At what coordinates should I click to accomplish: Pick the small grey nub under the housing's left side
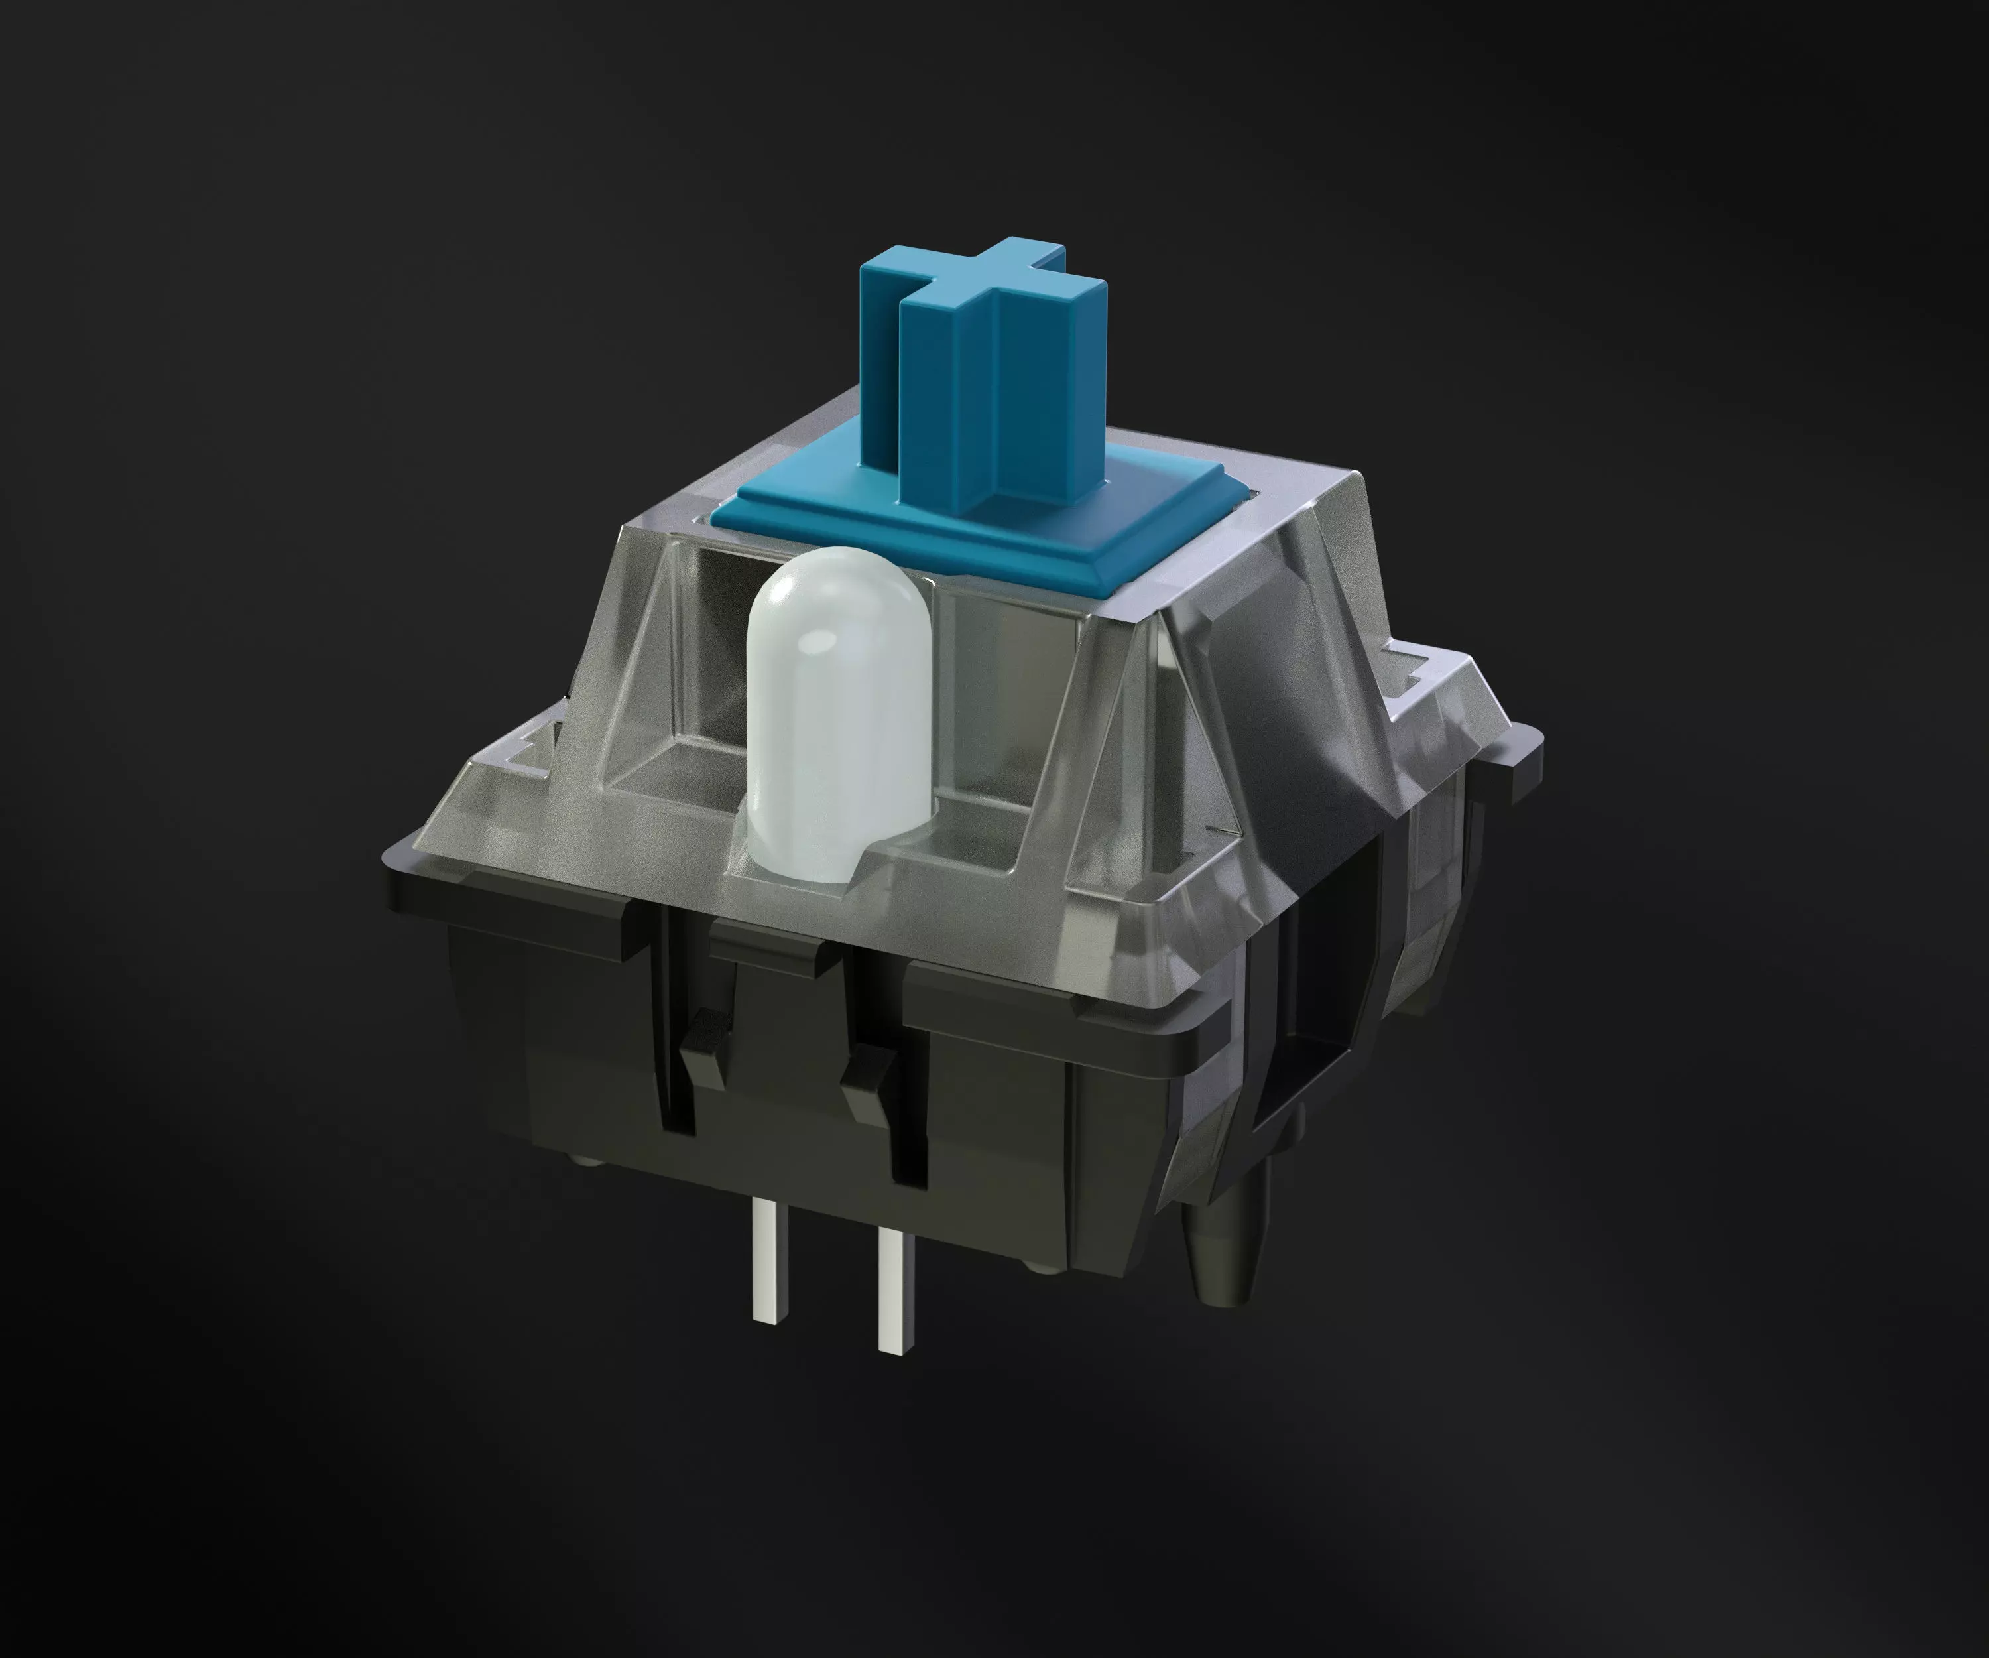[x=579, y=1158]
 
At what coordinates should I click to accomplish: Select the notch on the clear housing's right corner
[x=1412, y=668]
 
